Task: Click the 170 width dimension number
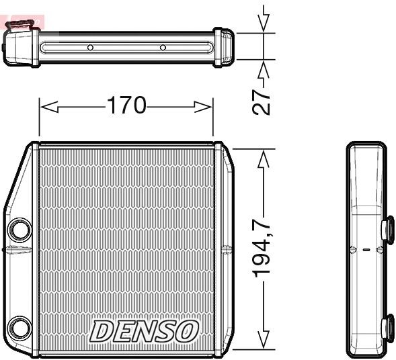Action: pos(126,105)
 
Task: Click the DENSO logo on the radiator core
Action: pos(145,330)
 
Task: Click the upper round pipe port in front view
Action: pos(19,230)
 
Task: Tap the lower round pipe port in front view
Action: pos(19,328)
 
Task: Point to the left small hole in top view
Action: pos(90,48)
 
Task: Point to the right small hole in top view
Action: pos(162,48)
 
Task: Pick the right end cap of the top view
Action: pos(224,47)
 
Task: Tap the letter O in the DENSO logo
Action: pos(188,330)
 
